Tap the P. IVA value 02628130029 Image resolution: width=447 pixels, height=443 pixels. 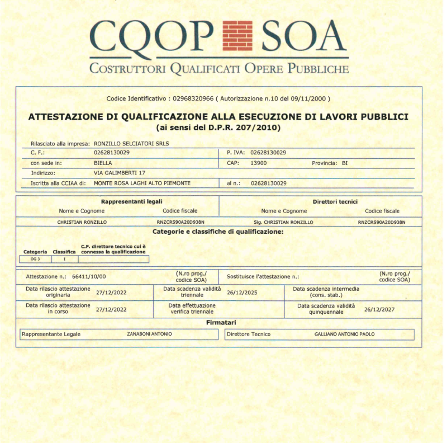click(268, 152)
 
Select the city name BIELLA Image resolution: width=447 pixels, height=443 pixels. click(103, 163)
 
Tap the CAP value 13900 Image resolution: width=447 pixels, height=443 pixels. click(259, 163)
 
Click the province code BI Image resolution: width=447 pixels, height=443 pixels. click(345, 163)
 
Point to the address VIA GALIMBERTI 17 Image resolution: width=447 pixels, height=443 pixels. click(117, 173)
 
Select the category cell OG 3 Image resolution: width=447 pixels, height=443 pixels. click(35, 259)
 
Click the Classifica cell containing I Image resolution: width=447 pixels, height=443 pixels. click(64, 259)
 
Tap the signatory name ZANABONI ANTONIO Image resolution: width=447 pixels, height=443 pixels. click(149, 334)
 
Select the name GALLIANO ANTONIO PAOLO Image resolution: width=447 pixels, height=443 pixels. click(345, 334)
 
